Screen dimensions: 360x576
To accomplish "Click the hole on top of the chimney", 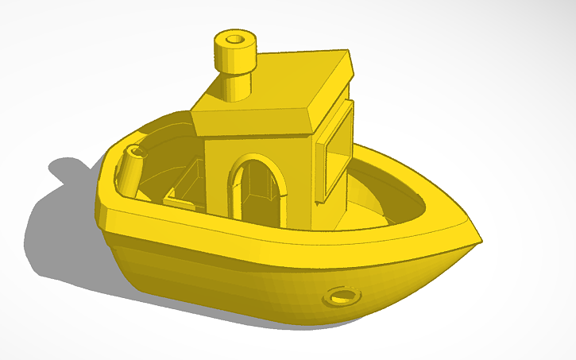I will pos(234,38).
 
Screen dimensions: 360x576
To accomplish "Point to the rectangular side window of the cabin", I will pos(337,150).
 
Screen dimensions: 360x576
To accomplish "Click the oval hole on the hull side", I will pos(342,296).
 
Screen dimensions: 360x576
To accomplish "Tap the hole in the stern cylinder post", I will pos(136,149).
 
